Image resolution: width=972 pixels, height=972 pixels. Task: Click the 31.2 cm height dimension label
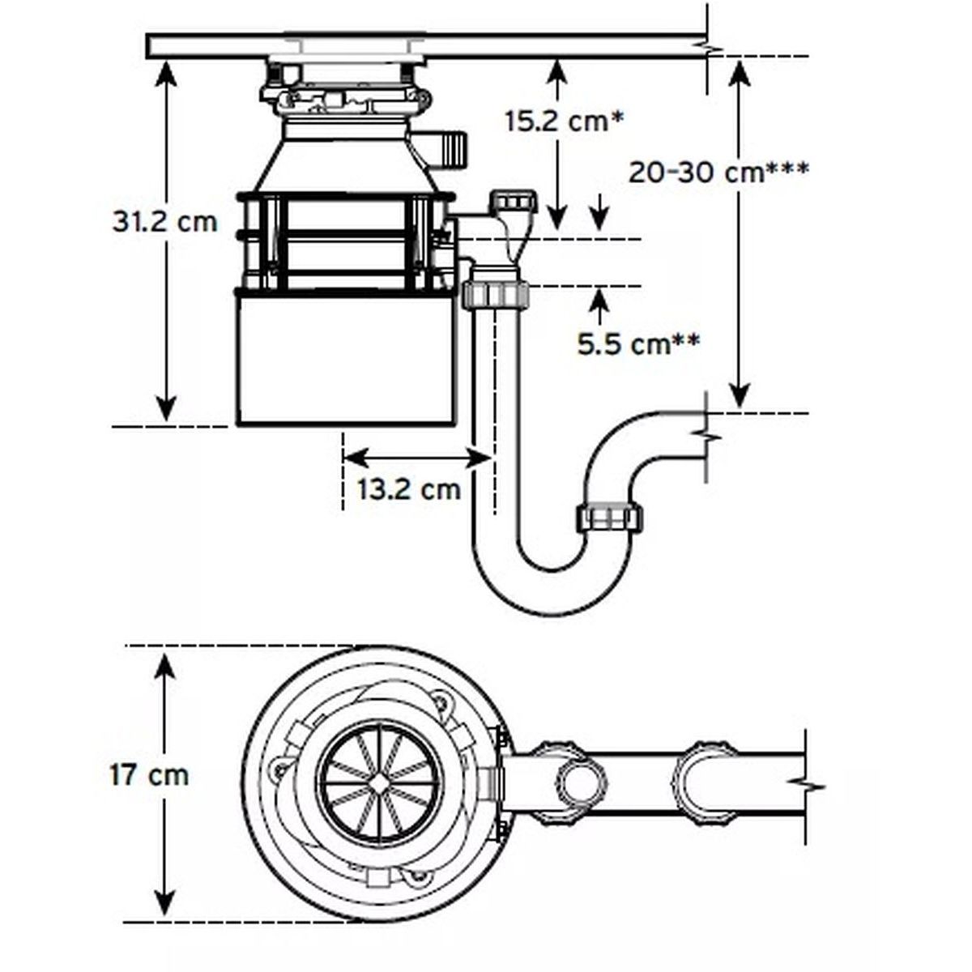[x=165, y=221]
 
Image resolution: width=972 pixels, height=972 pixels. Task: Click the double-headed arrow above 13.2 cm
[x=417, y=458]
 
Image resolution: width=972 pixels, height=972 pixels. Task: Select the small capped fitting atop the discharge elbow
[x=514, y=199]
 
